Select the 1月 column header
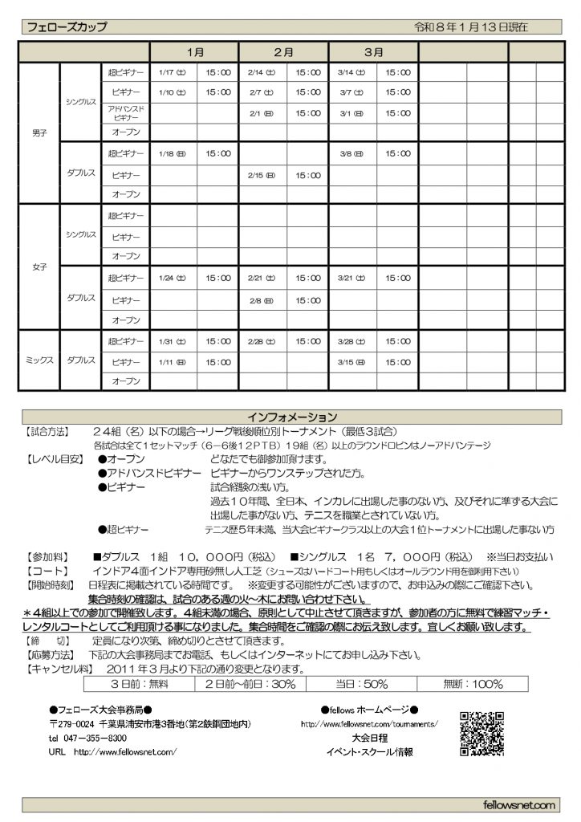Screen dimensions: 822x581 tap(194, 51)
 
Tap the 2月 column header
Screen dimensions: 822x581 tap(283, 51)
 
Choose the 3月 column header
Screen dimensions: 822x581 tap(373, 51)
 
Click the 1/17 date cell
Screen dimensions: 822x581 tap(173, 72)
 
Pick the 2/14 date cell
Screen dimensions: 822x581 tap(262, 72)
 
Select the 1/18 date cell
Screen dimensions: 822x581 tap(173, 153)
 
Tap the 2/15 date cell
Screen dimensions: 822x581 tap(262, 174)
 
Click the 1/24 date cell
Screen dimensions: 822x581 tap(173, 279)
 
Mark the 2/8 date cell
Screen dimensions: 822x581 tap(262, 299)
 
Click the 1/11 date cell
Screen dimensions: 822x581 tap(173, 362)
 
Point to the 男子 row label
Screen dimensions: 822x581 tap(39, 133)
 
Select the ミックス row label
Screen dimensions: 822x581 tap(39, 361)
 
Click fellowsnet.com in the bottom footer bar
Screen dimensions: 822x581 tap(520, 804)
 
